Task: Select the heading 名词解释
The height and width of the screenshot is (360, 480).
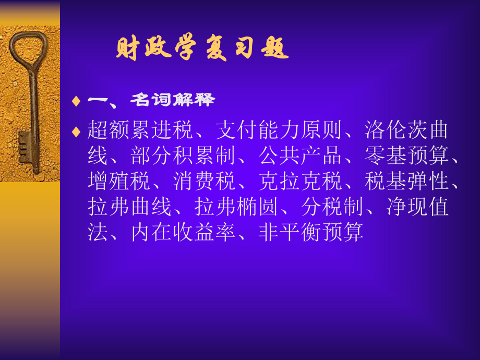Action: pos(172,100)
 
